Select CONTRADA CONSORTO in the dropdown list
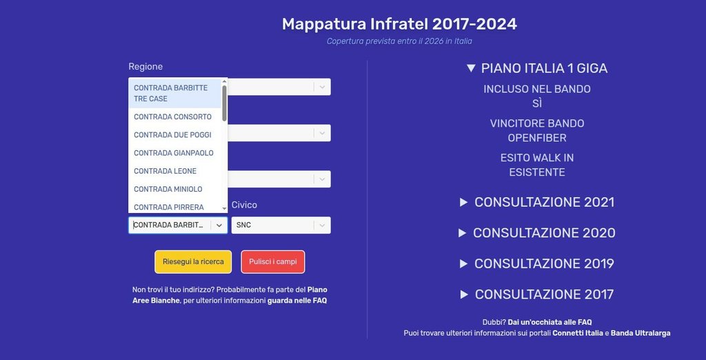pyautogui.click(x=172, y=117)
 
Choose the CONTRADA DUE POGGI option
pyautogui.click(x=172, y=134)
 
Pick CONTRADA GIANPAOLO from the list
pyautogui.click(x=173, y=152)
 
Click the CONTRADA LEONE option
pyautogui.click(x=165, y=171)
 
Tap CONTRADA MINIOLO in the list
pyautogui.click(x=168, y=189)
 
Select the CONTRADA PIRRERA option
pyautogui.click(x=169, y=207)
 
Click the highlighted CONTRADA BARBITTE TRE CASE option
pyautogui.click(x=171, y=93)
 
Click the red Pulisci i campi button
pyautogui.click(x=273, y=262)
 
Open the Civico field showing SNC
pyautogui.click(x=281, y=226)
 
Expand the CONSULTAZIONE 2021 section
pyautogui.click(x=536, y=202)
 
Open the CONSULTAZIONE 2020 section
pyautogui.click(x=536, y=233)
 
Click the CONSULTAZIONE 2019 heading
pyautogui.click(x=536, y=263)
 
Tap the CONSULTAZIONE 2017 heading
pyautogui.click(x=536, y=294)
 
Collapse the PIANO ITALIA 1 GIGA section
pyautogui.click(x=536, y=68)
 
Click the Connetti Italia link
pyautogui.click(x=578, y=333)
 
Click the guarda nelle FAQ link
pyautogui.click(x=297, y=301)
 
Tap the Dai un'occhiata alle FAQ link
pyautogui.click(x=549, y=322)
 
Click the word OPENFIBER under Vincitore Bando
pyautogui.click(x=537, y=138)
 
